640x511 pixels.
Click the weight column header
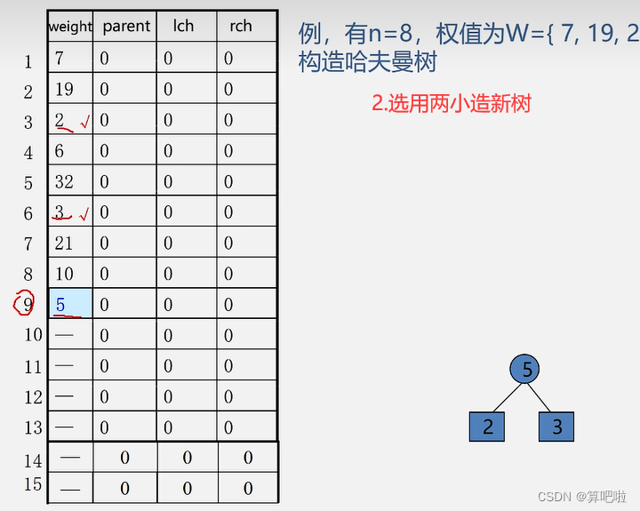(x=70, y=26)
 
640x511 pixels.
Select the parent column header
(x=126, y=26)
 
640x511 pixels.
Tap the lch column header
(x=183, y=26)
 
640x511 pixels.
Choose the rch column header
(x=241, y=26)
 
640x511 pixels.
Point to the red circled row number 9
(x=25, y=304)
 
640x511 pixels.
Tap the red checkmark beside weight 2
(x=84, y=124)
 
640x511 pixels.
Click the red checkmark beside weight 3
(x=84, y=215)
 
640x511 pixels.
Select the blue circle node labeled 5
(x=527, y=369)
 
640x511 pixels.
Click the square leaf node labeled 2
(x=487, y=427)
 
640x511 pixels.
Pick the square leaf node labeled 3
(x=556, y=427)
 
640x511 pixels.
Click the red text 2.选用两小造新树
(x=451, y=103)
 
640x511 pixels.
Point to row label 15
(x=33, y=485)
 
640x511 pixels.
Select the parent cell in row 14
(x=124, y=458)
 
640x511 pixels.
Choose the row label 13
(x=33, y=427)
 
